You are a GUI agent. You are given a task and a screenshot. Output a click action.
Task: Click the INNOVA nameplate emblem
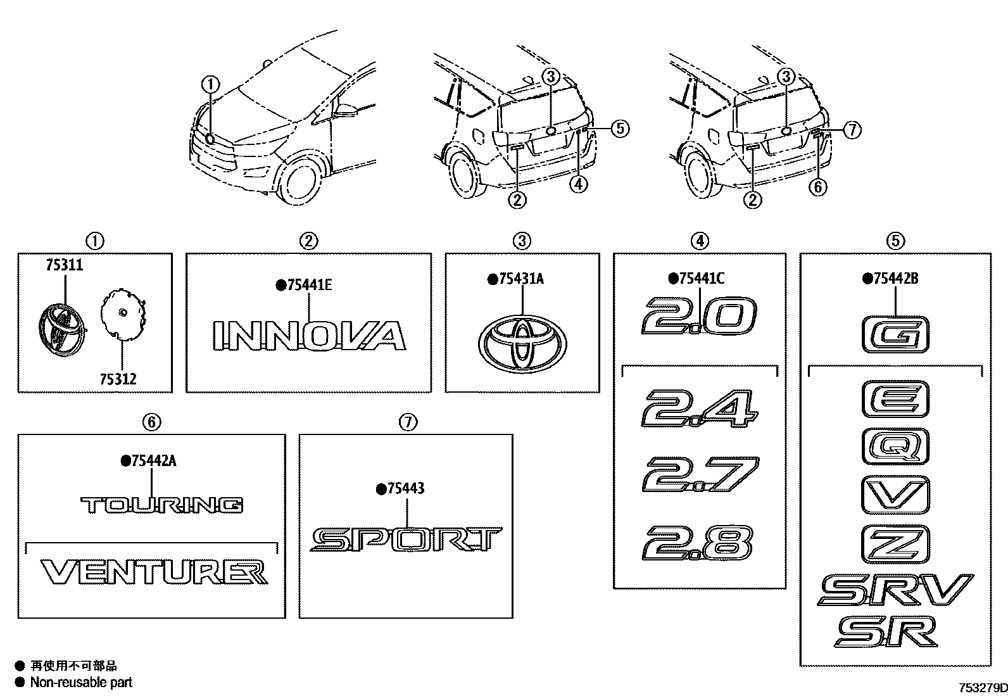[x=308, y=335]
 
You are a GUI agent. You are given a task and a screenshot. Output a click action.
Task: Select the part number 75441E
[x=309, y=285]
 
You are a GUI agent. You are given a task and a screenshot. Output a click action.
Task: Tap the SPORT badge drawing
[x=405, y=540]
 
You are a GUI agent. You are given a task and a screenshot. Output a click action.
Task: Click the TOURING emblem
[x=162, y=505]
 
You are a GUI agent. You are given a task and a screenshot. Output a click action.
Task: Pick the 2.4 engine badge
[x=699, y=408]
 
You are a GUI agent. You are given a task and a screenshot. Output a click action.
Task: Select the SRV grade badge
[x=895, y=591]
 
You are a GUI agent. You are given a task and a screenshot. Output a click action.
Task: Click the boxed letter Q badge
[x=895, y=447]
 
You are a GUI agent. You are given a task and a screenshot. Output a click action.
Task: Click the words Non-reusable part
[x=82, y=682]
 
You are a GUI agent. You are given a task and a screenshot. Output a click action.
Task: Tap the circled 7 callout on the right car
[x=852, y=130]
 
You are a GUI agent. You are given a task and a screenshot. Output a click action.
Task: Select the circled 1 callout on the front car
[x=210, y=84]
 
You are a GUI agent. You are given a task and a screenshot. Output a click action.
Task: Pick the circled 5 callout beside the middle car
[x=619, y=129]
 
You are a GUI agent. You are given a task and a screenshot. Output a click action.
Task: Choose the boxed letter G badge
[x=895, y=333]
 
